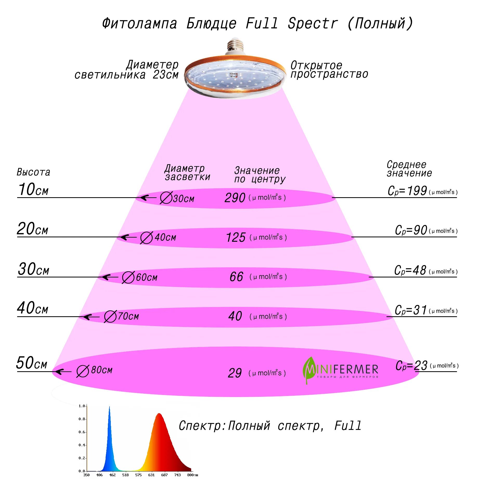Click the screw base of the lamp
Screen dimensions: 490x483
click(235, 45)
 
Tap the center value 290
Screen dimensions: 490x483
click(235, 198)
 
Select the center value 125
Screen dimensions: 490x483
click(236, 237)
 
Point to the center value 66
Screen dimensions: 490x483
click(236, 277)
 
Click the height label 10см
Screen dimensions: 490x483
click(33, 189)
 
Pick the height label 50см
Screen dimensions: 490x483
click(31, 363)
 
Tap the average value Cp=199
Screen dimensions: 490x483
click(407, 191)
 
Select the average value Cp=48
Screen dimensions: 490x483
click(410, 270)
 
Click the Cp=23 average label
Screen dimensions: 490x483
click(411, 365)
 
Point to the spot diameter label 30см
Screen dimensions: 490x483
click(183, 199)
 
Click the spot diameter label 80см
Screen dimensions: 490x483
click(101, 370)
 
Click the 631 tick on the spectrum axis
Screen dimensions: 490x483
click(151, 475)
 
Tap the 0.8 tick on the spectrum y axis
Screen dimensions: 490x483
click(82, 419)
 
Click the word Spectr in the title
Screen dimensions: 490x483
click(312, 23)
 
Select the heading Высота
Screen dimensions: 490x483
click(33, 172)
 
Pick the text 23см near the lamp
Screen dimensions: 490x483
click(165, 75)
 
